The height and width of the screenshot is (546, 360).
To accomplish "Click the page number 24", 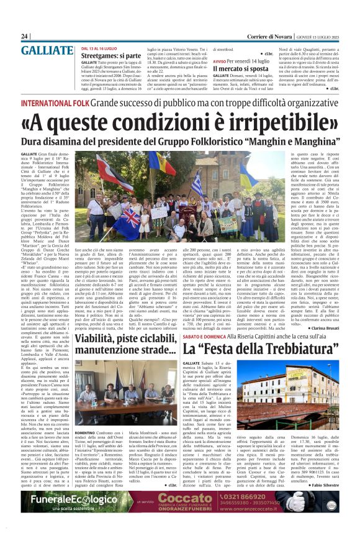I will [24, 37].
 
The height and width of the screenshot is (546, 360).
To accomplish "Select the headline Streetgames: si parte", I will [111, 55].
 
